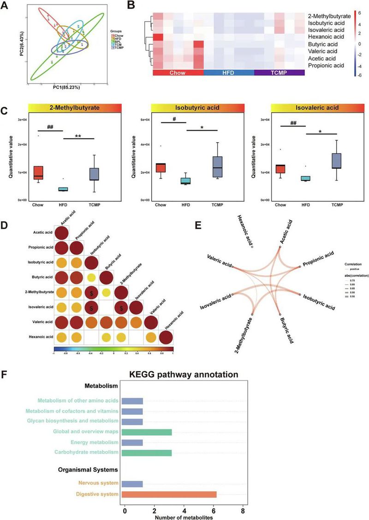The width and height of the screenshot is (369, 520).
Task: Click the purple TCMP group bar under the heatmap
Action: click(279, 73)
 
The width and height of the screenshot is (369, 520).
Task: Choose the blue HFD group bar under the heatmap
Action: click(228, 73)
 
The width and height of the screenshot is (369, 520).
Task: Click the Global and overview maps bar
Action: click(147, 432)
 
